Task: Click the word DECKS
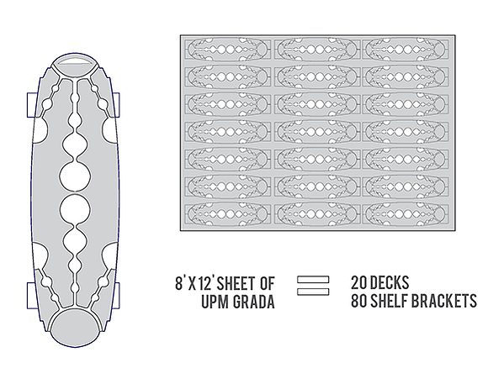point(390,283)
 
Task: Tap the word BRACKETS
point(444,301)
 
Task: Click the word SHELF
point(390,301)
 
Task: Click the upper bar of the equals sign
point(313,280)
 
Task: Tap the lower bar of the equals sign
point(313,292)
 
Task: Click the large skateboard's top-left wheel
point(31,105)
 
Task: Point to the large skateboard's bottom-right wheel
point(118,296)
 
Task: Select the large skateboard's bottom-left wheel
point(31,296)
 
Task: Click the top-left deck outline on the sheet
point(227,50)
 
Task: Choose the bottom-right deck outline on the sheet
point(405,214)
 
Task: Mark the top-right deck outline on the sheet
point(405,50)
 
